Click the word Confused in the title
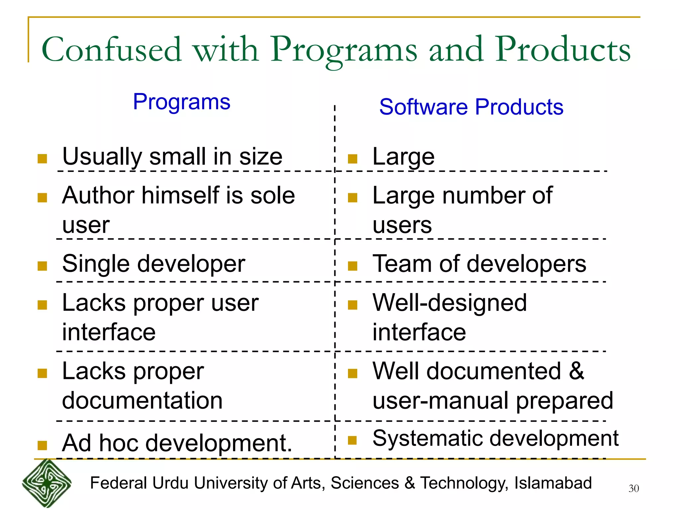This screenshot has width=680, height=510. tap(112, 50)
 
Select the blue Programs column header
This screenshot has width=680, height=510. tap(182, 102)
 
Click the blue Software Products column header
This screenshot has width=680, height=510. tap(471, 107)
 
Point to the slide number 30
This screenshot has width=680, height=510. tap(634, 488)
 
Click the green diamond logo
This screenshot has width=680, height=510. tap(47, 483)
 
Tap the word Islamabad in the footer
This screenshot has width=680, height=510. tap(553, 483)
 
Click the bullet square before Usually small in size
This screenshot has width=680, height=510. tap(42, 159)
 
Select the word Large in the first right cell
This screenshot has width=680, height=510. tap(403, 157)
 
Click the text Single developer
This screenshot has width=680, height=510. tap(154, 264)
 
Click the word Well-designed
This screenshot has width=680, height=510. tap(450, 303)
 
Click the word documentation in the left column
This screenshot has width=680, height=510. tap(142, 400)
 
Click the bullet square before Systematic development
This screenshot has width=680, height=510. tap(352, 440)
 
